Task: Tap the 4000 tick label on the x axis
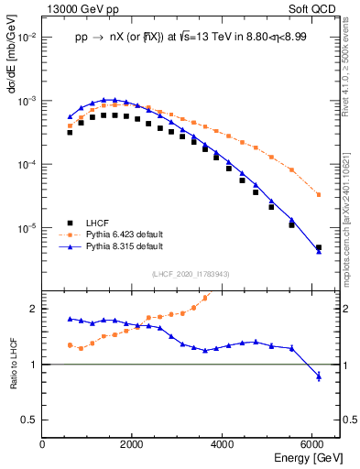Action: click(224, 445)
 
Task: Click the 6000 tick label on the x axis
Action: click(313, 445)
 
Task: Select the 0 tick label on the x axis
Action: click(43, 445)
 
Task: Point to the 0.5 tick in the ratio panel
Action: click(32, 420)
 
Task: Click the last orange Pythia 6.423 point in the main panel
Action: click(318, 194)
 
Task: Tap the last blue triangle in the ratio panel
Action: click(318, 376)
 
